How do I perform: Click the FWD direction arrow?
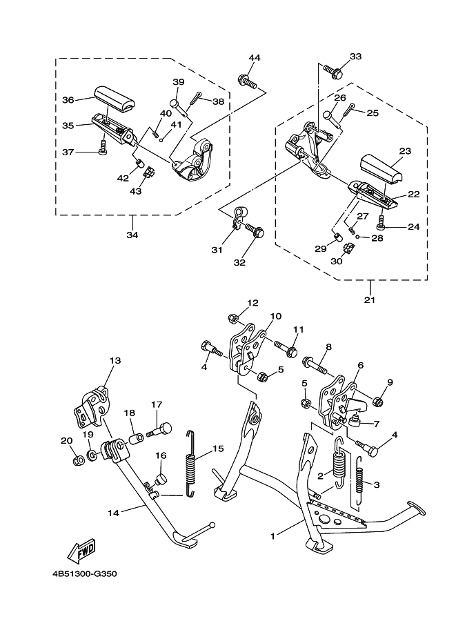(x=81, y=551)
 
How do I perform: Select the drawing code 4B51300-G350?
(x=85, y=573)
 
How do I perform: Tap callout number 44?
(x=255, y=57)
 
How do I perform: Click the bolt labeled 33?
(x=333, y=72)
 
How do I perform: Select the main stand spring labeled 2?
(x=340, y=462)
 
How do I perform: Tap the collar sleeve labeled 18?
(x=135, y=437)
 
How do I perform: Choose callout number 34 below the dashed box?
(x=132, y=235)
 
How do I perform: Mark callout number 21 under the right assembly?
(x=369, y=299)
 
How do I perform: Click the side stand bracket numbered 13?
(x=91, y=407)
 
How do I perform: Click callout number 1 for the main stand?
(x=272, y=536)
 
